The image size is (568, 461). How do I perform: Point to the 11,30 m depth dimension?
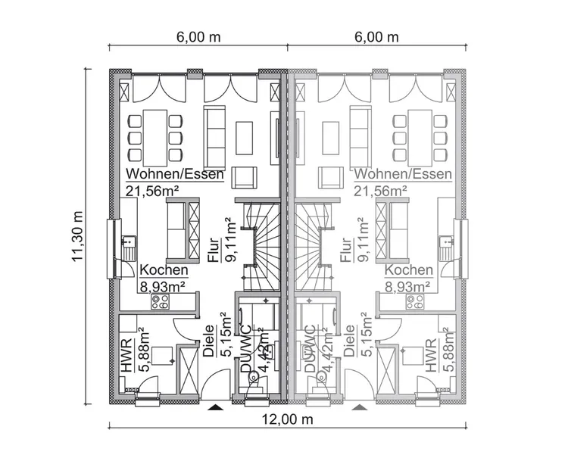click(78, 236)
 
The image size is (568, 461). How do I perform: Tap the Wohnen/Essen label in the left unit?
click(175, 174)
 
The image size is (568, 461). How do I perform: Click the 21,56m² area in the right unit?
click(379, 191)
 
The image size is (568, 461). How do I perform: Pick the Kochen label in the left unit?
click(159, 270)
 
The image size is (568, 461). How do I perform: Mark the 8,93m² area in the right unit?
click(407, 286)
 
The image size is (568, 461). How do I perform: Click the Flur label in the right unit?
click(347, 249)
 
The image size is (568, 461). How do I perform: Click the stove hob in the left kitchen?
click(160, 301)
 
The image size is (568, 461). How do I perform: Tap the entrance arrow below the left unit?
click(216, 408)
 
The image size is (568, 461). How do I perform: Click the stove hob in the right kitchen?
click(415, 301)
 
